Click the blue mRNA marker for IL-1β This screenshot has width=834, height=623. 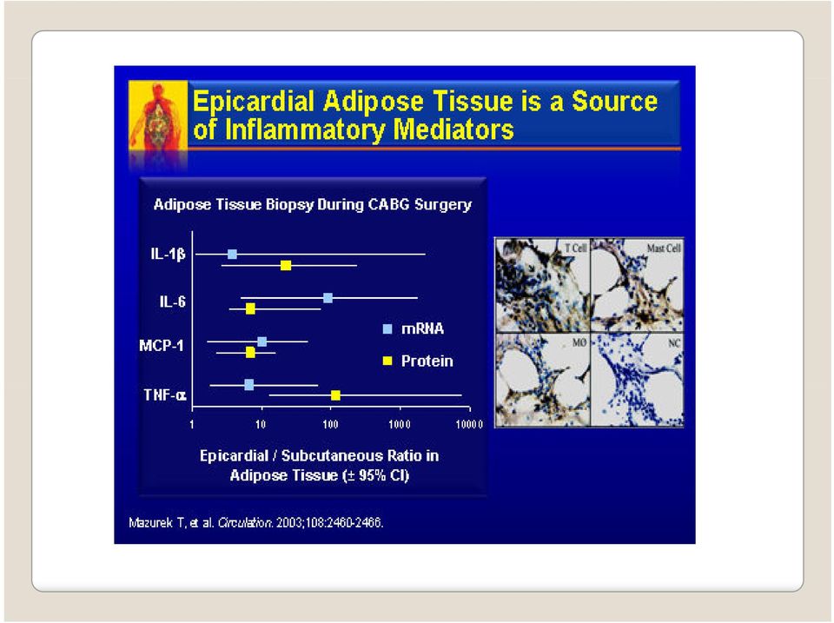click(x=232, y=254)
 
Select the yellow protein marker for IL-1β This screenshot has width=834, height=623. click(x=286, y=265)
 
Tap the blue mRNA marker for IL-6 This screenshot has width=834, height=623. click(x=328, y=298)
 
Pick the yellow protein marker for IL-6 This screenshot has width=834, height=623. click(x=250, y=308)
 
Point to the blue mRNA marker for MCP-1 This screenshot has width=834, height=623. click(x=261, y=341)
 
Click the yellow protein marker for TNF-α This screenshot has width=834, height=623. click(x=335, y=395)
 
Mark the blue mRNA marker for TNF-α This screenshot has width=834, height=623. click(x=249, y=385)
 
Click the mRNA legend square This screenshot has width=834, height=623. click(x=387, y=328)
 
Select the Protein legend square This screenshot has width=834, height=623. click(x=387, y=361)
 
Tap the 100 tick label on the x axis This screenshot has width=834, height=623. click(x=330, y=424)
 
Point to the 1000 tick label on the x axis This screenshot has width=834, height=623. click(x=400, y=424)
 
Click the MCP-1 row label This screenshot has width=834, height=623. click(x=162, y=346)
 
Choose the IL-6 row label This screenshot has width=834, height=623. click(x=172, y=302)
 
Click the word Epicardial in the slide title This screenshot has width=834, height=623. click(x=253, y=101)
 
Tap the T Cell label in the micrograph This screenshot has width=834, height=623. click(x=575, y=248)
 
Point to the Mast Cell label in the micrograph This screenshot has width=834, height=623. click(x=664, y=248)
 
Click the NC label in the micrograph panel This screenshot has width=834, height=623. click(x=674, y=343)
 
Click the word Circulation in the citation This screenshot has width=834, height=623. click(x=245, y=523)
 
